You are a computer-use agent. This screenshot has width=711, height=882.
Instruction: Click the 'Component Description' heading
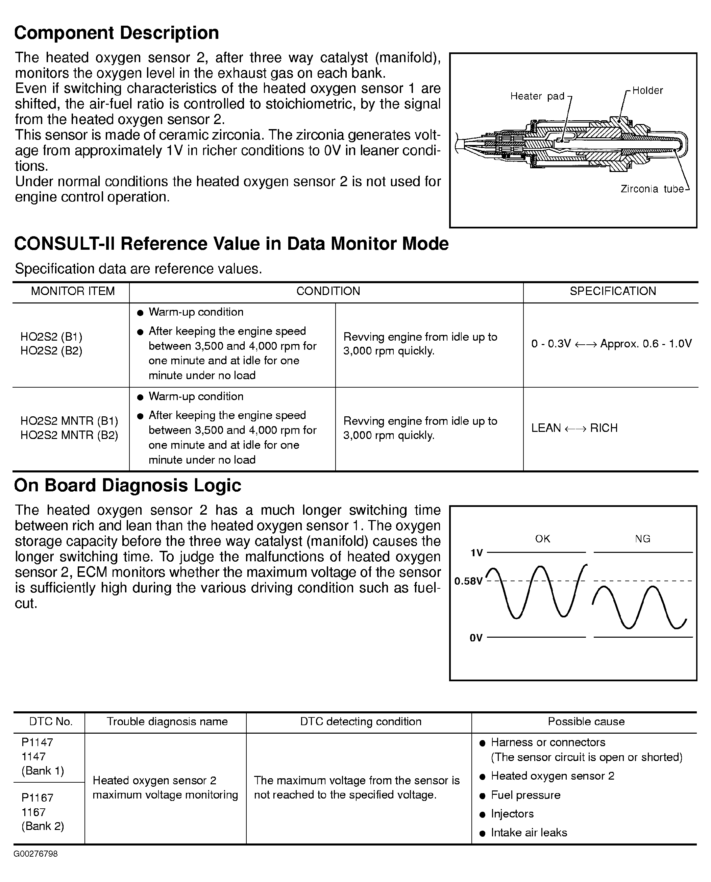coord(116,33)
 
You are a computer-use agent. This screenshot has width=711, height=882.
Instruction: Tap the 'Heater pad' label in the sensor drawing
coord(537,96)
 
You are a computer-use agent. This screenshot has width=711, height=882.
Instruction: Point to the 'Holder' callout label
coord(647,91)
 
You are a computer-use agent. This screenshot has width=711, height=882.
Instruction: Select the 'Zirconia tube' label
coord(652,189)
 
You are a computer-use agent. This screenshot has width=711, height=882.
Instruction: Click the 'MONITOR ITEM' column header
coord(73,291)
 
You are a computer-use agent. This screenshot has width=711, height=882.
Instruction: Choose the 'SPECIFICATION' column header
coord(613,291)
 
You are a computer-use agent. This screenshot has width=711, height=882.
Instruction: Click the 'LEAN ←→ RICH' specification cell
coord(574,428)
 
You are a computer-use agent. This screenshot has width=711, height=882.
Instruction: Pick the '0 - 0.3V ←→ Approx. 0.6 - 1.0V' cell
coord(611,344)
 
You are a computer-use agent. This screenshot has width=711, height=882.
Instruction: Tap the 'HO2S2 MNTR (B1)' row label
coord(69,421)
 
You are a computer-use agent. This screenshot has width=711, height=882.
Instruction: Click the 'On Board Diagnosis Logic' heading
coord(127,485)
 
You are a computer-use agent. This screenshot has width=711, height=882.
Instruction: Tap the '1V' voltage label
coord(477,553)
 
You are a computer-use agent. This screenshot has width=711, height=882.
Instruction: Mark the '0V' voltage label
coord(476,638)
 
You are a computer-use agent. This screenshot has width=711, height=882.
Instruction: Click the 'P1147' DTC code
coord(37,742)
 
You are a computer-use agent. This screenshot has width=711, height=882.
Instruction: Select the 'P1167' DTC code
coord(37,797)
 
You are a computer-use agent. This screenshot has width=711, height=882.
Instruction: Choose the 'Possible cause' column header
coord(586,721)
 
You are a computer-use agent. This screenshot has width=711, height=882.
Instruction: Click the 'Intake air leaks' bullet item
coord(529,832)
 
